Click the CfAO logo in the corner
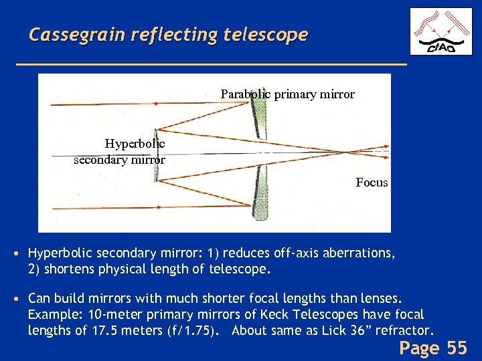click(x=439, y=31)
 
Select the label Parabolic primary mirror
click(x=287, y=94)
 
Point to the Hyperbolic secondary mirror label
click(x=127, y=151)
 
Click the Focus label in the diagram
click(x=372, y=182)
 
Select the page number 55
click(x=456, y=348)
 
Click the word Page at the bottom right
click(x=419, y=348)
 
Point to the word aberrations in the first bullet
click(x=359, y=253)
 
